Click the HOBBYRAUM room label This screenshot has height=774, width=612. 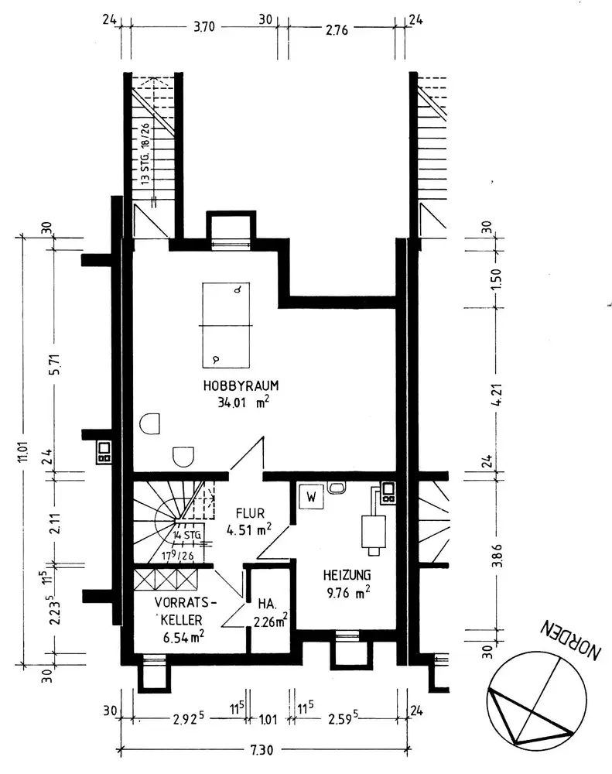[241, 385]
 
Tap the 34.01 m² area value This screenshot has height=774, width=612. [243, 402]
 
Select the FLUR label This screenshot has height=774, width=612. [250, 513]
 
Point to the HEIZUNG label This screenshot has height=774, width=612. [347, 575]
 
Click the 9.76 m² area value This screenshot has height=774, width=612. [348, 592]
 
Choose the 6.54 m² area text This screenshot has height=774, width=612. [183, 637]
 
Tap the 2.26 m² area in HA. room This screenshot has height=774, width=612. [271, 621]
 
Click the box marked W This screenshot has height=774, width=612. [311, 497]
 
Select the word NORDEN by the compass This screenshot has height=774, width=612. [570, 639]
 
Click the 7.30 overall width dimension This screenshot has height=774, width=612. [262, 751]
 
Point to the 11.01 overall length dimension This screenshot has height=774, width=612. [22, 451]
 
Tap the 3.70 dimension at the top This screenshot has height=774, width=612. [203, 26]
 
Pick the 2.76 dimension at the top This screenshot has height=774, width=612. [337, 30]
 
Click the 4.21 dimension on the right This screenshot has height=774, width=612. [497, 395]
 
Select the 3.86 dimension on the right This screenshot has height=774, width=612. [497, 555]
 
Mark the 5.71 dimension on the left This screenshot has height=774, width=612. [55, 365]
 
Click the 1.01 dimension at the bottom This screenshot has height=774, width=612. [268, 720]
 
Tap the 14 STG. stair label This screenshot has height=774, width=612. [187, 535]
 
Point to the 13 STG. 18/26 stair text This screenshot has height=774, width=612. [145, 153]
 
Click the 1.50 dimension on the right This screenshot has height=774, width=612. [497, 279]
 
